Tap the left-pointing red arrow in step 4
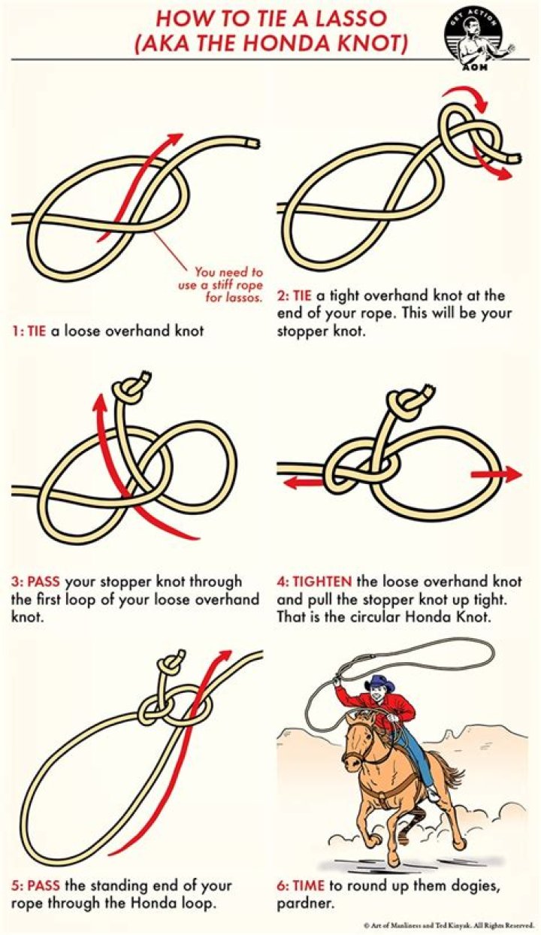301,483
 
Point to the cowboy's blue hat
381,684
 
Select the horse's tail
449,774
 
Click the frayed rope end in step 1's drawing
254,142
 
